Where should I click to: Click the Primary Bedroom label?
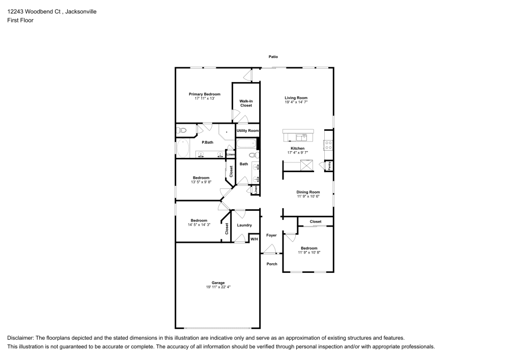205,94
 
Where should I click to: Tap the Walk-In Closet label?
246,103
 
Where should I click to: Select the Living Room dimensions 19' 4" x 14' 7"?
296,102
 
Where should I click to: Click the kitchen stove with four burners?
328,145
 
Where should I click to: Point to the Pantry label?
329,165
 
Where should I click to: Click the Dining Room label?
308,192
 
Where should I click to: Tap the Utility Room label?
248,130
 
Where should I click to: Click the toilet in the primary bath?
182,130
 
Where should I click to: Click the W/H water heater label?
254,239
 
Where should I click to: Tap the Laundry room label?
244,225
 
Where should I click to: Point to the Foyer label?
271,235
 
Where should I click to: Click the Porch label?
272,264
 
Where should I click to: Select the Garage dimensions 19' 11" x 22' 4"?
218,287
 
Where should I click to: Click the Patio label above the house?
273,57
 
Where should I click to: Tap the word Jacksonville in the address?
81,12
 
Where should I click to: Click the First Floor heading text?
20,20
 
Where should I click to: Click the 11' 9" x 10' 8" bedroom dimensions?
309,253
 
